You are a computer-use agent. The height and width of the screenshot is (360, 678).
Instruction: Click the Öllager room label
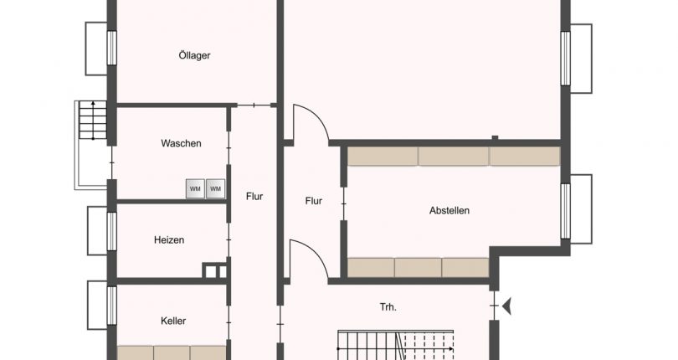(x=194, y=55)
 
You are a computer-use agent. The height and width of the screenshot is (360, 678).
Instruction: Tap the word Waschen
(x=181, y=143)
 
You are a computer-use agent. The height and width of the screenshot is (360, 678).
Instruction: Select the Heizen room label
(x=169, y=239)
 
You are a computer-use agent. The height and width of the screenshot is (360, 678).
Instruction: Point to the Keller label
(x=173, y=321)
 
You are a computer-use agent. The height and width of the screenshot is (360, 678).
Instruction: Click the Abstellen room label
(x=449, y=210)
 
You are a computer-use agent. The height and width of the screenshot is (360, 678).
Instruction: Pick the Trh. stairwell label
(x=388, y=306)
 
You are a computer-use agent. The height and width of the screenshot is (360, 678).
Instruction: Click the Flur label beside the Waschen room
(x=254, y=196)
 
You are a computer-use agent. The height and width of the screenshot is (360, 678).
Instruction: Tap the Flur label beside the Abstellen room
(x=314, y=201)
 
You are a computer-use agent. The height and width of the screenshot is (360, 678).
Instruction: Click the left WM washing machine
(x=195, y=188)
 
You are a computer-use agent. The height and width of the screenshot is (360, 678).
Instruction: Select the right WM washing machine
(x=215, y=188)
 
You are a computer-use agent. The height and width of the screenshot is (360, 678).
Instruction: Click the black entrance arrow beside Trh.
(x=506, y=306)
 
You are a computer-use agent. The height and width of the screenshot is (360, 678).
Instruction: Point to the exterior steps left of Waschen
(x=93, y=120)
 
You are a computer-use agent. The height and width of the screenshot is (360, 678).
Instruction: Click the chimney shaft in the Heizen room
(x=214, y=270)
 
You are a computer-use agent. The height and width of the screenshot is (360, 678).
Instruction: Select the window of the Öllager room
(x=111, y=48)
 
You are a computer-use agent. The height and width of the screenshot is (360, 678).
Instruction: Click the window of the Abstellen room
(x=566, y=211)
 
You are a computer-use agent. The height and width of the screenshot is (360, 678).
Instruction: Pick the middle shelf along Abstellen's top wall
(x=454, y=156)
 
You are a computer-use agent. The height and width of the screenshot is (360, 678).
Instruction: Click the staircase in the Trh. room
(x=396, y=345)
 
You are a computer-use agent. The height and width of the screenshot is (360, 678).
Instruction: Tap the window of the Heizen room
(x=111, y=231)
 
